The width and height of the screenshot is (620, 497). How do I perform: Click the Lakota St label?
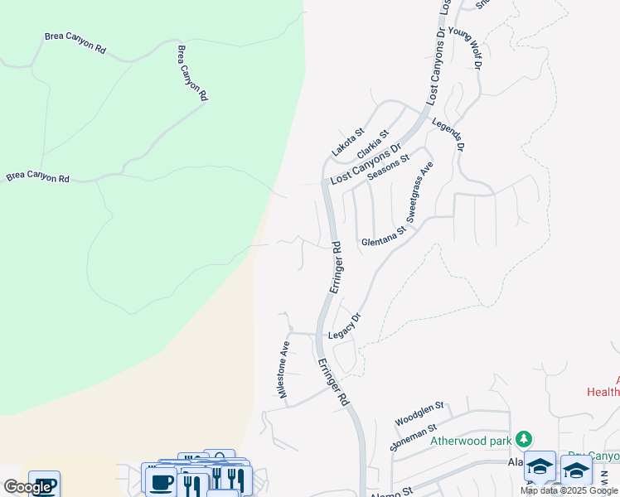348,142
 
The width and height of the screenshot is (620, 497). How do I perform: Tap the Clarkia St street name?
373,145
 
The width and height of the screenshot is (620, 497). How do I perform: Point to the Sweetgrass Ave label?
420,193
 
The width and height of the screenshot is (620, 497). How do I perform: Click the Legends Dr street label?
448,133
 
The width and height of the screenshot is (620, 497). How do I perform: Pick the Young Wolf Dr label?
466,47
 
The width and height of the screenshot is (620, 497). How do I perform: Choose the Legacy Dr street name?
346,326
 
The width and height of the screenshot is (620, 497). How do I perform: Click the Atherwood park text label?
471,441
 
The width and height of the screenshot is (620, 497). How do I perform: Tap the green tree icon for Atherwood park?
523,437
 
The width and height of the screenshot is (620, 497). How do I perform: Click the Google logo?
27,487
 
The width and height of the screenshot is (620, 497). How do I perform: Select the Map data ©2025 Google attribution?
569,490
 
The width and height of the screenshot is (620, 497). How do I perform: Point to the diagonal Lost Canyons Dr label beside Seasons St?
366,163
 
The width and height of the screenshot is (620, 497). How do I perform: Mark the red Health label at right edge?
603,391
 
